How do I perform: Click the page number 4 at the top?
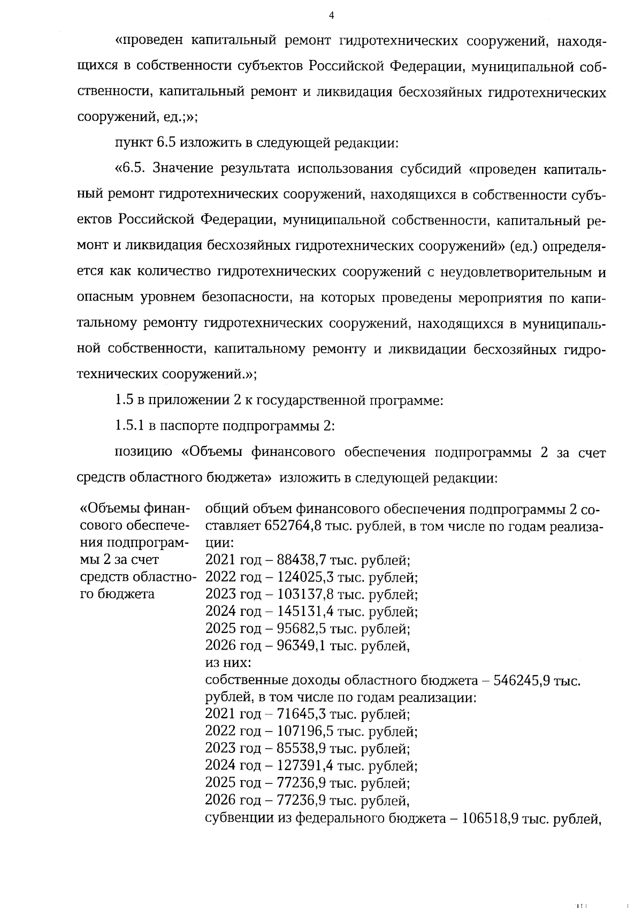click(331, 16)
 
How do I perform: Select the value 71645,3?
click(302, 714)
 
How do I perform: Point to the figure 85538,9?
click(302, 748)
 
